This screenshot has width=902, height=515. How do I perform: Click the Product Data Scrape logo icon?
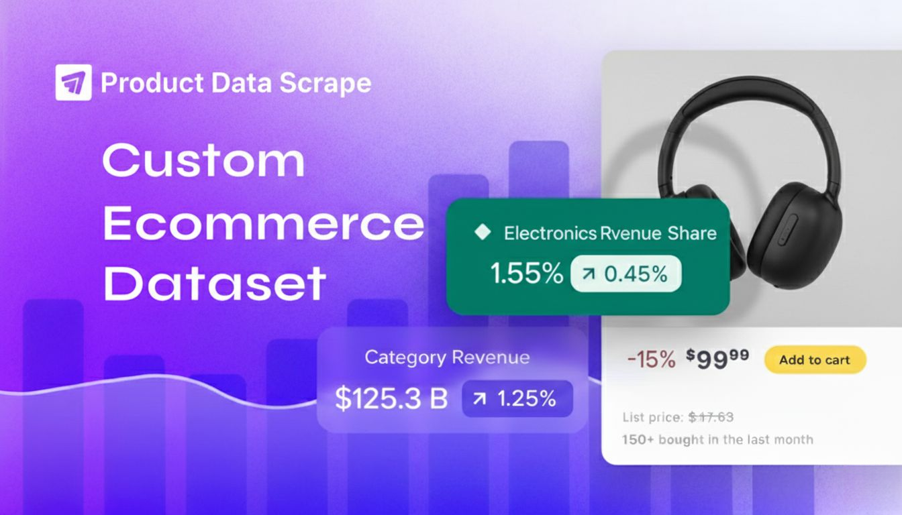click(x=73, y=82)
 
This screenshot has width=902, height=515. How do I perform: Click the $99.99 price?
click(x=717, y=359)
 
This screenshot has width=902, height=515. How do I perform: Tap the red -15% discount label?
click(x=650, y=359)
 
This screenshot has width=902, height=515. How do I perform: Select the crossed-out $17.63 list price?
click(x=711, y=417)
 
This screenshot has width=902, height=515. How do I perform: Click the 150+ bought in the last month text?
click(x=717, y=440)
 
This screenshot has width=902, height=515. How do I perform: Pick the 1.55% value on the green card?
click(x=526, y=274)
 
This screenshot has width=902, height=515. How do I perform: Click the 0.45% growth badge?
click(x=625, y=274)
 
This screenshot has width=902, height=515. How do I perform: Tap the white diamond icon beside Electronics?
click(x=481, y=233)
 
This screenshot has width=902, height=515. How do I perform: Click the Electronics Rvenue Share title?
click(x=610, y=233)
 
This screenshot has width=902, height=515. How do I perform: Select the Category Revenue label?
click(x=447, y=357)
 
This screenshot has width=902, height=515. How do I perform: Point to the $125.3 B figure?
click(x=391, y=398)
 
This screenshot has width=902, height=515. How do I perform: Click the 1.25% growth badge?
click(x=517, y=398)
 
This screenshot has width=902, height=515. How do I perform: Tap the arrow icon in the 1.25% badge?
click(x=480, y=399)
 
